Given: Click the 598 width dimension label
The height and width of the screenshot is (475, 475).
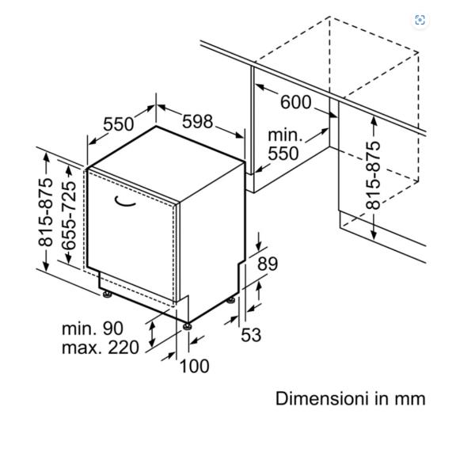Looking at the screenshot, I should [x=198, y=121].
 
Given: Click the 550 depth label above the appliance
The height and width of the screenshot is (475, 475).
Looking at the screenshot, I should [x=119, y=124].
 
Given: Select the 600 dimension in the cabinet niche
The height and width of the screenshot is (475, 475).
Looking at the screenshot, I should [x=294, y=101].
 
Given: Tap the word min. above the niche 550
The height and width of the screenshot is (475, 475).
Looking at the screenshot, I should [x=285, y=135].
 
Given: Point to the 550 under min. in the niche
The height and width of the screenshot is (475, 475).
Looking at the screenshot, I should [x=283, y=154].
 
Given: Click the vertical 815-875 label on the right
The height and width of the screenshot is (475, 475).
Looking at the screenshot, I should [x=374, y=176].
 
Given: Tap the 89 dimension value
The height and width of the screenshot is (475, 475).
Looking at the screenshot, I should [x=268, y=264].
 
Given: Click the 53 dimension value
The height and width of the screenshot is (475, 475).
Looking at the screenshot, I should [x=251, y=335].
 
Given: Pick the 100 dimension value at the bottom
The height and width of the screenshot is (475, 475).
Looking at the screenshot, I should [x=194, y=366].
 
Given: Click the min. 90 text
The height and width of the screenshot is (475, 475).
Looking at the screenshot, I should [x=93, y=327].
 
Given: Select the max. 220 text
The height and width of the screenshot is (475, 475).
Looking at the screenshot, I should [x=100, y=347].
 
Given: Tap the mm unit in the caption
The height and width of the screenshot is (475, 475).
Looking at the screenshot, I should [x=412, y=398].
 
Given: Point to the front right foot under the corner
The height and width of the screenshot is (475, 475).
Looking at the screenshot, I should [x=188, y=324].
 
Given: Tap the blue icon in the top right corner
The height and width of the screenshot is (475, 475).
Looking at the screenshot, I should [x=420, y=20].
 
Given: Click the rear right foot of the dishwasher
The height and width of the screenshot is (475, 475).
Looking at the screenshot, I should [x=231, y=299].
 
